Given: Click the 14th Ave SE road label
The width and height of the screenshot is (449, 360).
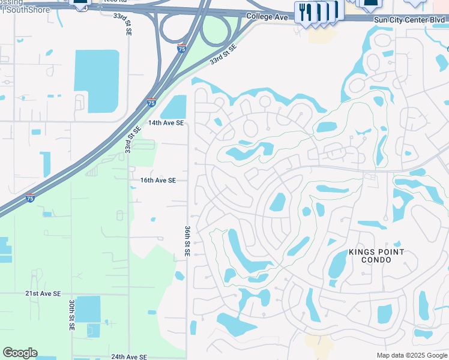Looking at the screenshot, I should click(x=166, y=123).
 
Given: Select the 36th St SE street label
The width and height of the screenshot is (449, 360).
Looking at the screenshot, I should click(x=187, y=242).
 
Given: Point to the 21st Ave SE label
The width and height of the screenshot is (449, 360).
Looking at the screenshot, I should click(x=43, y=293).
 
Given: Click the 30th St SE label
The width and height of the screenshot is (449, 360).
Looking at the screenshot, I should click(x=71, y=316).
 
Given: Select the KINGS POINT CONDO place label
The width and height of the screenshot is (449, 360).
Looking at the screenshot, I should click(x=377, y=256).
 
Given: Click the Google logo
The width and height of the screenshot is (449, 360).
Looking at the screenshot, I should click(x=20, y=353).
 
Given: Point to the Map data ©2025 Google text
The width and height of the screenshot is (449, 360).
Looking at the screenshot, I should click(x=412, y=355).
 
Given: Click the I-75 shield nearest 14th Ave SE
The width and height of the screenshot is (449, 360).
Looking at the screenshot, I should click(x=151, y=103).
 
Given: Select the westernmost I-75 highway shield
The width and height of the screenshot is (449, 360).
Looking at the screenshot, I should click(x=30, y=199).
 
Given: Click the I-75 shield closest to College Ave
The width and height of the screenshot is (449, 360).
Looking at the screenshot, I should click(x=181, y=47).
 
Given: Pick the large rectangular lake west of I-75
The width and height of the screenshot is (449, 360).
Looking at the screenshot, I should click(x=96, y=81).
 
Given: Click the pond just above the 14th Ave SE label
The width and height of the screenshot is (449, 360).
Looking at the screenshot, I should click(x=174, y=107).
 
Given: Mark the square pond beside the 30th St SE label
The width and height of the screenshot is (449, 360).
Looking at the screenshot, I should click(x=88, y=309).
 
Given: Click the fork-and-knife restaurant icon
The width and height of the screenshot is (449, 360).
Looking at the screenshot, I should click(x=305, y=12).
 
